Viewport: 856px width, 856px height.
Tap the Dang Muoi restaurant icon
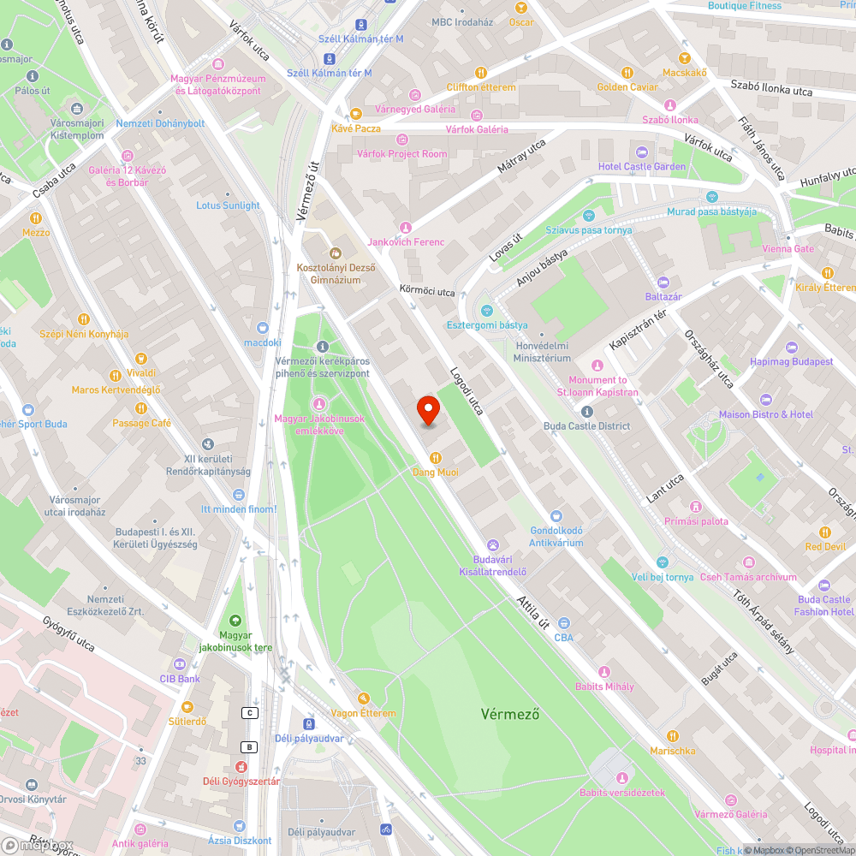pyautogui.click(x=436, y=457)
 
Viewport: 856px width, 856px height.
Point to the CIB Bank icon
pyautogui.click(x=180, y=664)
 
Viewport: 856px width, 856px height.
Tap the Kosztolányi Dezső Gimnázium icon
pyautogui.click(x=335, y=253)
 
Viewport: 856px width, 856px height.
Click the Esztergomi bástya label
pyautogui.click(x=486, y=325)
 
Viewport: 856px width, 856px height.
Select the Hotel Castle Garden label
pyautogui.click(x=641, y=166)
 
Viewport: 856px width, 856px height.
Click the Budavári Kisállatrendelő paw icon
pyautogui.click(x=493, y=544)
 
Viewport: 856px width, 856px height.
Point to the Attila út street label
pyautogui.click(x=533, y=613)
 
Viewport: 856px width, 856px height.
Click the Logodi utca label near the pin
pyautogui.click(x=467, y=391)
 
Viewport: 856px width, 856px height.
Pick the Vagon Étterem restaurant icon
pyautogui.click(x=364, y=698)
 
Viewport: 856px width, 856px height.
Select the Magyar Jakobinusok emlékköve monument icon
pyautogui.click(x=319, y=404)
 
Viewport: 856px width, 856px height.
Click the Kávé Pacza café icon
pyautogui.click(x=355, y=114)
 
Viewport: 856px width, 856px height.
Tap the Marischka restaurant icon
pyautogui.click(x=673, y=736)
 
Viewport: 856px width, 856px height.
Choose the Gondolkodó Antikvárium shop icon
pyautogui.click(x=556, y=516)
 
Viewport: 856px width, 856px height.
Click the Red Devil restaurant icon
pyautogui.click(x=825, y=532)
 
